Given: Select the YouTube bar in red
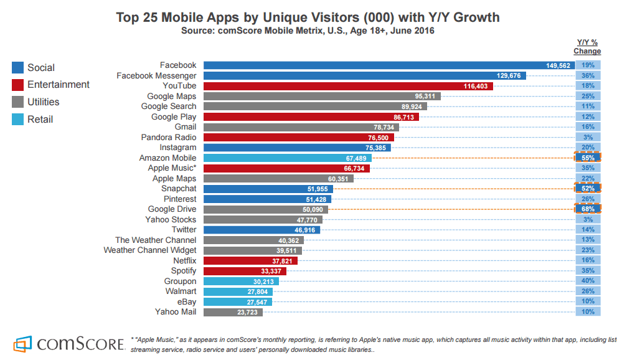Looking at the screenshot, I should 349,86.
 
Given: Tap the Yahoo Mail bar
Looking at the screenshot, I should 233,312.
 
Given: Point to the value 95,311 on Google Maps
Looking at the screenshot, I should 425,97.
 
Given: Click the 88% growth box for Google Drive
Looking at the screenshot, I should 588,209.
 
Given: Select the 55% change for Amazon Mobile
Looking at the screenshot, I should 588,158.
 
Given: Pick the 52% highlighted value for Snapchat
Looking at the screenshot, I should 588,188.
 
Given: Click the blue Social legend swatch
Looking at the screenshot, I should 17,68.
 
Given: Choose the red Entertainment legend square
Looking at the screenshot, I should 17,85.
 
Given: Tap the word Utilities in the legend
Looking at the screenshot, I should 44,102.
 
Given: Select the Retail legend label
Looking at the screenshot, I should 40,120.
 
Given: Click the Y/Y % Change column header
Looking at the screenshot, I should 587,47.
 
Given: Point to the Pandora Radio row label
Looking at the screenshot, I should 169,138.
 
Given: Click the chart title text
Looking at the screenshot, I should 308,17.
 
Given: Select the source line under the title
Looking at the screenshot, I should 308,30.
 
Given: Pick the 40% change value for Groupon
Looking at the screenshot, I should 588,282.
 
